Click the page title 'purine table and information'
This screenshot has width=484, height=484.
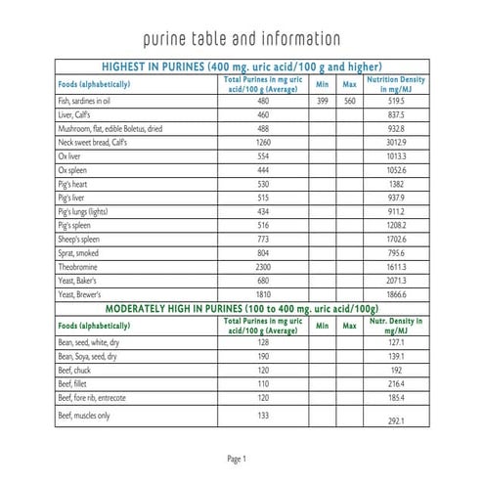pyautogui.click(x=242, y=40)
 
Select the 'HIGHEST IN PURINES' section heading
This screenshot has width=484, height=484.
pyautogui.click(x=242, y=66)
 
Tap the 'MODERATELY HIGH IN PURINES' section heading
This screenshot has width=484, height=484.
pyautogui.click(x=242, y=307)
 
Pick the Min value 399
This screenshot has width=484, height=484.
pyautogui.click(x=322, y=101)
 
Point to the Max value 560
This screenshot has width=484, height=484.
pyautogui.click(x=349, y=101)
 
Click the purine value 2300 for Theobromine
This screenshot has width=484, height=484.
pyautogui.click(x=262, y=265)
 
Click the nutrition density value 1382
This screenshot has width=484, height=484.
pyautogui.click(x=395, y=183)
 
